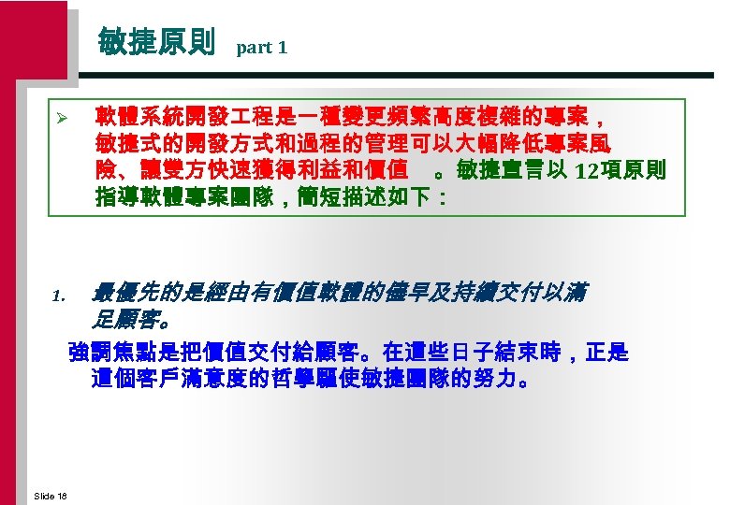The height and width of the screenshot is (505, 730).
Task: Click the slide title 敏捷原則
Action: click(156, 43)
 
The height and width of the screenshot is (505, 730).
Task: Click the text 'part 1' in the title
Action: click(262, 47)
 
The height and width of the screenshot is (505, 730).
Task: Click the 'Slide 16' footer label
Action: click(50, 495)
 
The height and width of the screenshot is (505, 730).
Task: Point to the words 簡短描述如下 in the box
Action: click(383, 197)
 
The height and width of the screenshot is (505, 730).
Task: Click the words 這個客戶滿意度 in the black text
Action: click(166, 381)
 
